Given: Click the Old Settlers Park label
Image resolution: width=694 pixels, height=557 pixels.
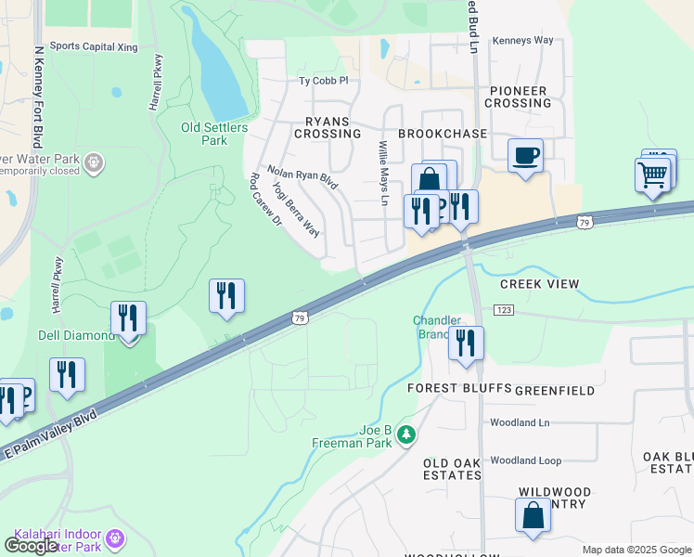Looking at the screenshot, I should (203, 134).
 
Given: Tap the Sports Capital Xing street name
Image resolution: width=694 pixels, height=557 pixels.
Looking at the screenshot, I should (94, 45).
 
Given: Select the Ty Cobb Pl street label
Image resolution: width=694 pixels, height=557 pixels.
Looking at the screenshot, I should (323, 81).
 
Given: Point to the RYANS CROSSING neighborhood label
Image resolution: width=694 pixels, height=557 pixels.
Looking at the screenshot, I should (327, 127).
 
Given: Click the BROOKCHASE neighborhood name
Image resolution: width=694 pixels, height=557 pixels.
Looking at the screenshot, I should (443, 134).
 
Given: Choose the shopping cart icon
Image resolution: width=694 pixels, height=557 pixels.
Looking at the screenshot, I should (653, 174).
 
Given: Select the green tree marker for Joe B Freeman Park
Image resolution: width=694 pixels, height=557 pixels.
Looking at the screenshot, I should (405, 434).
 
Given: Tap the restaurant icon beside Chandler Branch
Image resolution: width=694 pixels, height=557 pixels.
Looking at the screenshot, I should (466, 342).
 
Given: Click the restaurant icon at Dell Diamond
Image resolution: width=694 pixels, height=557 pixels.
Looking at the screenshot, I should (128, 317).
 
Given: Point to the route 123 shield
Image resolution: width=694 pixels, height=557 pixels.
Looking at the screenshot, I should (504, 309).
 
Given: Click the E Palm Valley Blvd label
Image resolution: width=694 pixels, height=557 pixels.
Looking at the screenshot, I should (51, 433).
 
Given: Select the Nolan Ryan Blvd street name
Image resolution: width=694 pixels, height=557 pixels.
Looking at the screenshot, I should (302, 176).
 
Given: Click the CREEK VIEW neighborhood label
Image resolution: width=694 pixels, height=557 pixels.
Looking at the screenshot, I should (539, 284).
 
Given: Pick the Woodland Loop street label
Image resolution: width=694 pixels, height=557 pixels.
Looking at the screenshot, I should (526, 460).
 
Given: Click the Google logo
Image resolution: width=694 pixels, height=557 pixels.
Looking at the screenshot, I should (31, 546).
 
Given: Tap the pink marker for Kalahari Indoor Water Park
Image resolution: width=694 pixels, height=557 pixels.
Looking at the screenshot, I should (115, 538).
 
